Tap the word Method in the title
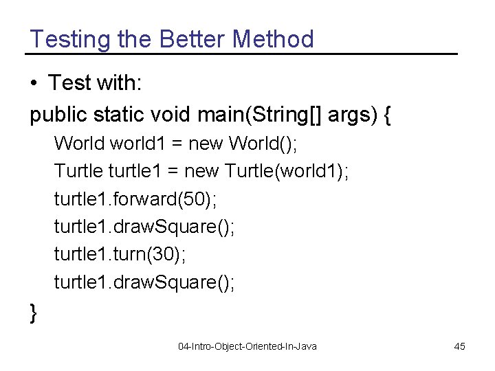pyautogui.click(x=273, y=39)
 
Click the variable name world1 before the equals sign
pyautogui.click(x=136, y=144)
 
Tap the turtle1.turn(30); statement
pyautogui.click(x=120, y=254)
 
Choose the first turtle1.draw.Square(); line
pyautogui.click(x=144, y=227)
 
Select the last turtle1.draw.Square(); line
pyautogui.click(x=144, y=282)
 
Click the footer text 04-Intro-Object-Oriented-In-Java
pyautogui.click(x=247, y=346)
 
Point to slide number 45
pyautogui.click(x=459, y=346)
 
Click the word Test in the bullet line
pyautogui.click(x=70, y=84)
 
